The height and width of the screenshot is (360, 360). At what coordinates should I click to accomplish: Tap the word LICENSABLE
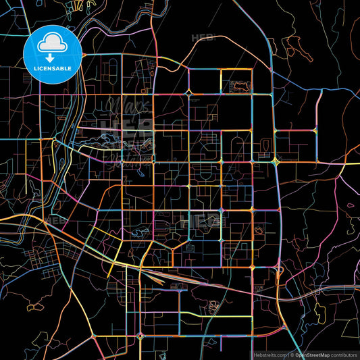[x=52, y=68]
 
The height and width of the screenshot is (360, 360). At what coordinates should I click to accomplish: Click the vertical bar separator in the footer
[x=289, y=354]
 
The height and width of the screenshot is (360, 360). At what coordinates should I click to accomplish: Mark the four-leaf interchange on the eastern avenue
[x=277, y=162]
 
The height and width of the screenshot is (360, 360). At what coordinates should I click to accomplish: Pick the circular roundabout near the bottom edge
[x=140, y=336]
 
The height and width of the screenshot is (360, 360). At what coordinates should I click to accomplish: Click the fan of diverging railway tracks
[x=162, y=274]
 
